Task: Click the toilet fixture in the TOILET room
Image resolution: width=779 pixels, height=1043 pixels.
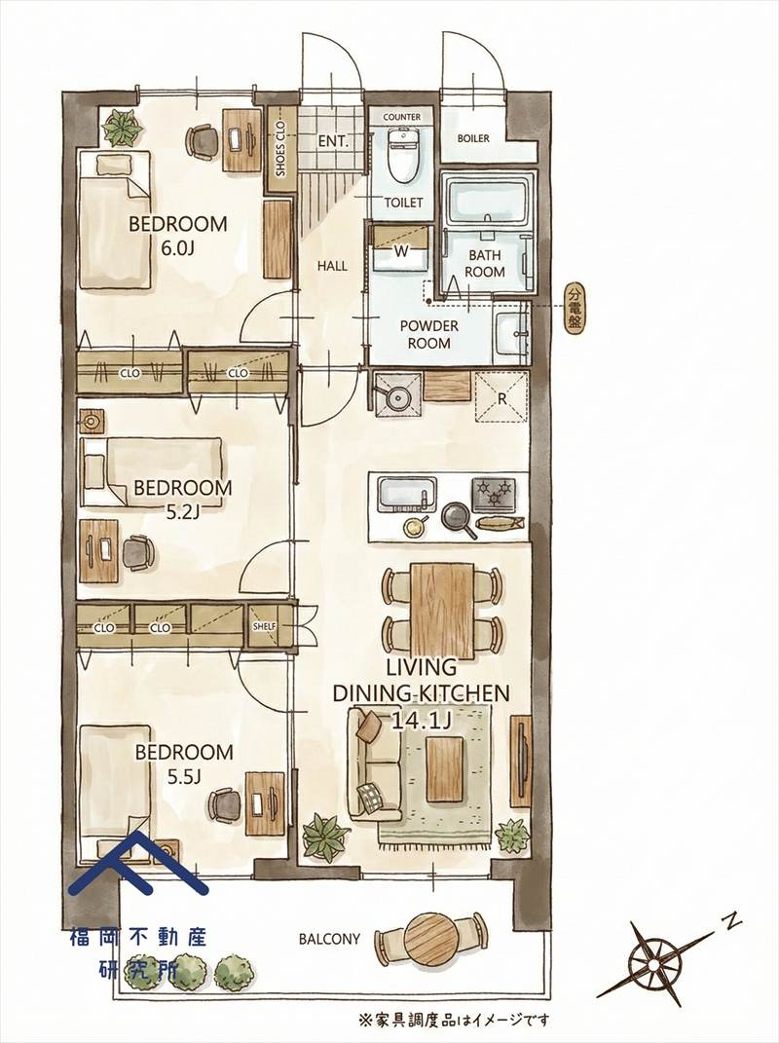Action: [x=403, y=154]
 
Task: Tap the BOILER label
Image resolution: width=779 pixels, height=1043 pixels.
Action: [x=473, y=138]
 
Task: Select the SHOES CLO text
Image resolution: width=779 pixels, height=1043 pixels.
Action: [x=280, y=149]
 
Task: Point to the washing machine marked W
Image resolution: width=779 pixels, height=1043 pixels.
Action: [x=401, y=247]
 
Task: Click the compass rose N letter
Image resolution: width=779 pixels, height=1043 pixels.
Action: [x=731, y=922]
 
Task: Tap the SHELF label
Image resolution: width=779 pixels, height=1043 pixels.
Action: [x=264, y=626]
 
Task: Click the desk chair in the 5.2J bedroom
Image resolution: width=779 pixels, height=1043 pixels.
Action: [x=137, y=553]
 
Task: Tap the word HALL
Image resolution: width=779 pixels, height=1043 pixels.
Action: [x=332, y=266]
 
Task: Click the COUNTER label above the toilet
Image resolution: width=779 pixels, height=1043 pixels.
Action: [x=402, y=117]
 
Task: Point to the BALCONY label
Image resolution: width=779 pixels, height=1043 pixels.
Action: [x=329, y=939]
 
